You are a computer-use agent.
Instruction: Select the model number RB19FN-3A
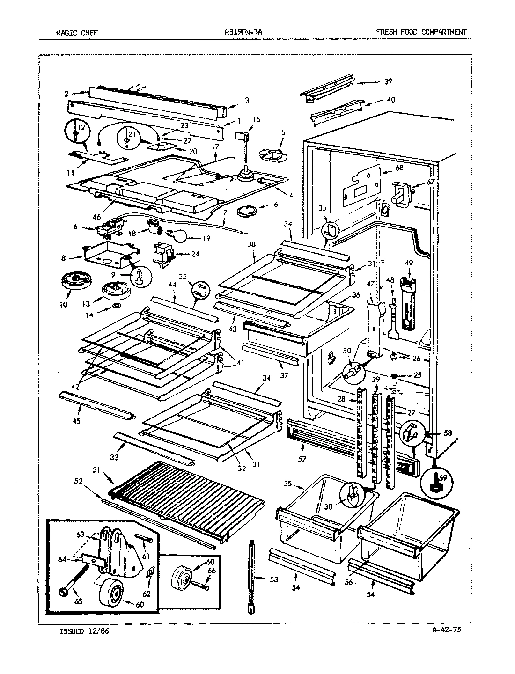(x=247, y=32)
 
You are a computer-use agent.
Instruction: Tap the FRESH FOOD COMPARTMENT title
(x=421, y=32)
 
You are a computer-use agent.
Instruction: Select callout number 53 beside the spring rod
(x=274, y=579)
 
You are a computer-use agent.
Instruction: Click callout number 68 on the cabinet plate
(x=399, y=168)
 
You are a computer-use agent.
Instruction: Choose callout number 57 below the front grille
(x=302, y=459)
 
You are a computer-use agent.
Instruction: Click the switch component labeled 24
(x=162, y=255)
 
